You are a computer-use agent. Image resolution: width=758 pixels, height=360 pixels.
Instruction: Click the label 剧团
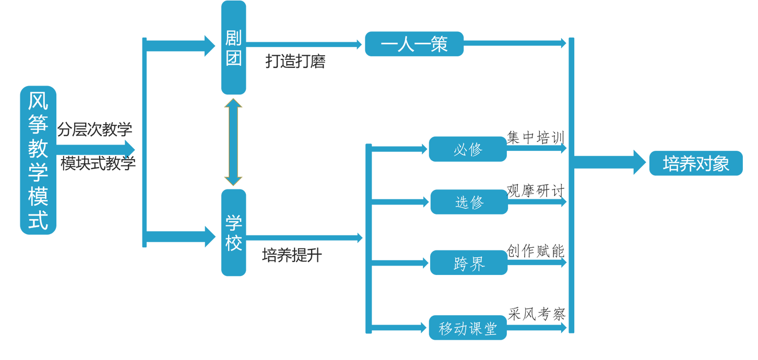tap(233, 48)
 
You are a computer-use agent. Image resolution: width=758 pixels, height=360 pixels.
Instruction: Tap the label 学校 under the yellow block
tap(233, 233)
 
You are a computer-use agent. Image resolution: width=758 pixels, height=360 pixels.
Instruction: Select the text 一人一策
tap(414, 44)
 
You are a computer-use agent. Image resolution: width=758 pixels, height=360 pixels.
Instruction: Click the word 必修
tap(468, 150)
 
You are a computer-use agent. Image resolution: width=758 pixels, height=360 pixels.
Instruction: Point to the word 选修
tap(469, 202)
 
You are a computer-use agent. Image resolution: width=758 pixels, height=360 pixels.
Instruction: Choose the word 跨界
tap(469, 264)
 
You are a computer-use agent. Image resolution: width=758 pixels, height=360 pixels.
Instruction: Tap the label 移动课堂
tap(467, 329)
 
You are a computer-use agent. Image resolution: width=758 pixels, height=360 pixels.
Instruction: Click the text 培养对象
tap(695, 164)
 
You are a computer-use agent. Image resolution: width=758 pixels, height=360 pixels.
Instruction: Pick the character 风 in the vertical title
tap(38, 101)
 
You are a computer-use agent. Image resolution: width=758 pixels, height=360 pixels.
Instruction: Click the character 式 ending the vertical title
tap(38, 220)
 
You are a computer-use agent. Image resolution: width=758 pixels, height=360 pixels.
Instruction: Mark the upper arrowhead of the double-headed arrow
tap(233, 101)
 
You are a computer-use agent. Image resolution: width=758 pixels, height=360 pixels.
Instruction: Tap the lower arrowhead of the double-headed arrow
tap(233, 182)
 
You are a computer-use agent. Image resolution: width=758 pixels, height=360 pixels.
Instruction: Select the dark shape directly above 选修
tap(535, 183)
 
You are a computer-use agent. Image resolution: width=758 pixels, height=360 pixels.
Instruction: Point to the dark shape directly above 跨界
tap(534, 242)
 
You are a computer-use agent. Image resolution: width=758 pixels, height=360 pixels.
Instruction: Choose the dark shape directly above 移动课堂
tap(534, 305)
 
